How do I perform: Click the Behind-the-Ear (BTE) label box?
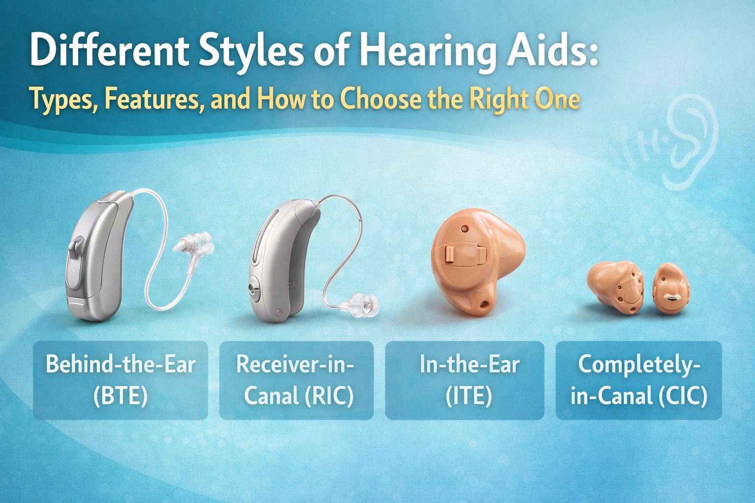120,380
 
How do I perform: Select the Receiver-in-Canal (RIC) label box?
296,380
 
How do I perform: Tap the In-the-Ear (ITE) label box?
465,380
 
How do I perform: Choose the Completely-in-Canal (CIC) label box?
639,380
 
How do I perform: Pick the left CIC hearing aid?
616,287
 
